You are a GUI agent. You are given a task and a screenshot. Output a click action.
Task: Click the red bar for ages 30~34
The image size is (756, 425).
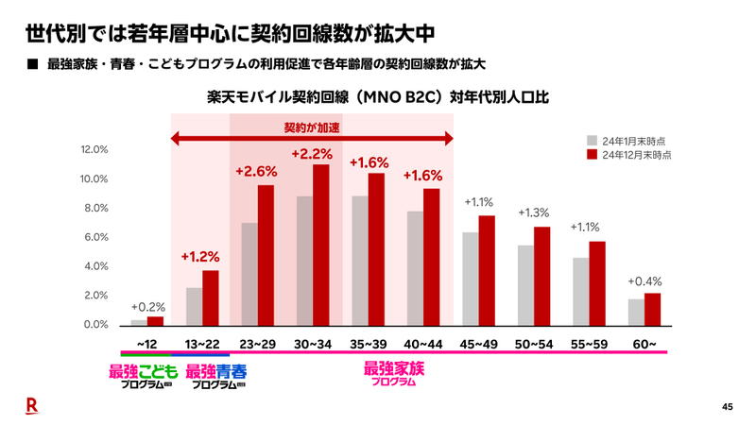coord(320,245)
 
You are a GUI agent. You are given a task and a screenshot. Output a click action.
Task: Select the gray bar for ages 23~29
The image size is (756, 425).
coord(249,274)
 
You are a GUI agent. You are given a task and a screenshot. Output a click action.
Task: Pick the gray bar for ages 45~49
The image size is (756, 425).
coord(471,279)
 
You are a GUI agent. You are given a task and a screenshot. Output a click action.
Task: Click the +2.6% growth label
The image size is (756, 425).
coord(256,172)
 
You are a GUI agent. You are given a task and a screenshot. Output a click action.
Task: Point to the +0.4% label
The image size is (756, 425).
coord(644,280)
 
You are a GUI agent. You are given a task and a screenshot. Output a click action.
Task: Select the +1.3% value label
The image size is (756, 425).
coord(534,213)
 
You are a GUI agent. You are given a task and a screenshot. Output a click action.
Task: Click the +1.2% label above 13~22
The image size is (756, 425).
coord(200,257)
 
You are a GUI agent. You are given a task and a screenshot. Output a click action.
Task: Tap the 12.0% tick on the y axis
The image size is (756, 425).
coord(96,149)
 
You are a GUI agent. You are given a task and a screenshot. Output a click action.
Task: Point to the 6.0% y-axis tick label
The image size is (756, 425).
coord(96,237)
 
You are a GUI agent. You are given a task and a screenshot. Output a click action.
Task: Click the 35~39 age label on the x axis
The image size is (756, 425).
coord(369,344)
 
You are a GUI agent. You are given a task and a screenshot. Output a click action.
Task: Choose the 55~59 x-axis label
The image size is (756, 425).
coord(589,344)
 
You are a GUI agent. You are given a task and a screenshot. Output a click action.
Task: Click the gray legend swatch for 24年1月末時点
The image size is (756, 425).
coord(592,138)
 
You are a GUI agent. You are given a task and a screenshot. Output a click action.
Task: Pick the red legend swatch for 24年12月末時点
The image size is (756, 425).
coord(592,153)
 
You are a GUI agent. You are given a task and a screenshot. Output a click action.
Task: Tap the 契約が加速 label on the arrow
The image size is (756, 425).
coord(312,127)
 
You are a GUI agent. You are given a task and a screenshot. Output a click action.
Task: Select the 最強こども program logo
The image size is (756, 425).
coord(144,376)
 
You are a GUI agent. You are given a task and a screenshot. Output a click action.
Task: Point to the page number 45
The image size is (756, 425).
coord(727,407)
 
